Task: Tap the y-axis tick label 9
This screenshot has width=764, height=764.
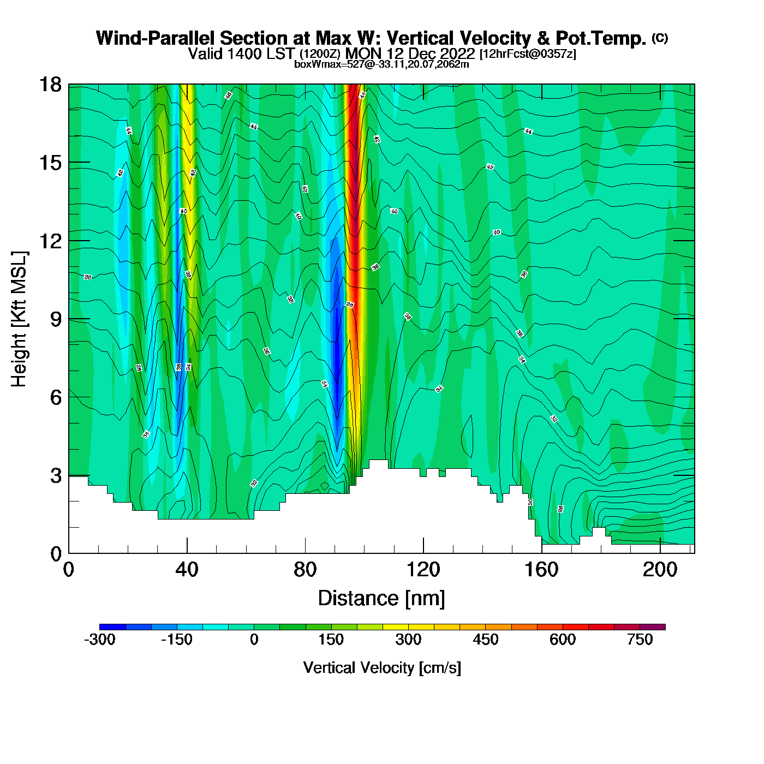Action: (56, 319)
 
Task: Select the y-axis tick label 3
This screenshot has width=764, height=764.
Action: (56, 476)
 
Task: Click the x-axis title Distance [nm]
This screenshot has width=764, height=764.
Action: (381, 599)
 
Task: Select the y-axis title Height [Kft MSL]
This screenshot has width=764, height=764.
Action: (19, 319)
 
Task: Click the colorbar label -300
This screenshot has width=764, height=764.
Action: (100, 640)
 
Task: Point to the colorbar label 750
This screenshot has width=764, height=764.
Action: (640, 640)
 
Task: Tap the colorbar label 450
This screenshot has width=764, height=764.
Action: (486, 640)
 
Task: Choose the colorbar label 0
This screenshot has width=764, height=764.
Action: (254, 640)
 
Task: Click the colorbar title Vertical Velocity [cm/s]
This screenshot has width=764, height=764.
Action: (382, 668)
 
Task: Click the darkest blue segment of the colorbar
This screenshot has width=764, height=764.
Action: (112, 627)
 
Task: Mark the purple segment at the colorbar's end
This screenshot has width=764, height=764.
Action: (653, 627)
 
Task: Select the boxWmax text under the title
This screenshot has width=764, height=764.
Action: (381, 64)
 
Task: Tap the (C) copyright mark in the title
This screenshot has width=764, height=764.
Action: (660, 38)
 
